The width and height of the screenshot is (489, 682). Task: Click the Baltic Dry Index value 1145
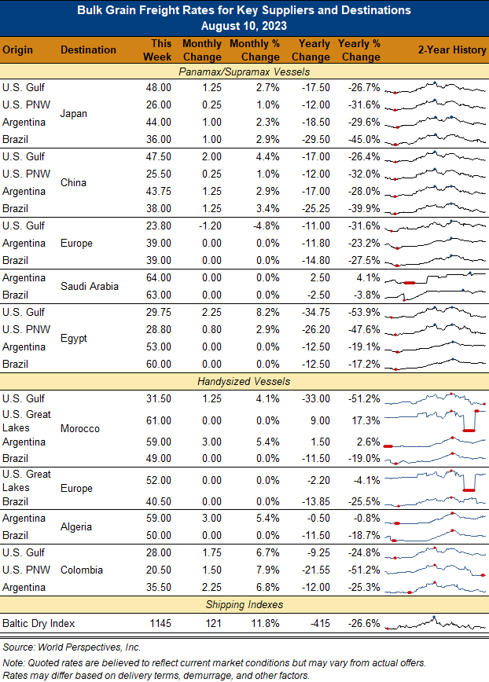point(160,623)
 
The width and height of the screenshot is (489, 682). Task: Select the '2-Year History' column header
point(452,49)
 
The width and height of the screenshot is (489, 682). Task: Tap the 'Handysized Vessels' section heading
point(244,381)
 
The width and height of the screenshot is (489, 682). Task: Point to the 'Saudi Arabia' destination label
point(90,286)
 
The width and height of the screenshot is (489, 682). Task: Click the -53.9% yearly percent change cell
point(364,312)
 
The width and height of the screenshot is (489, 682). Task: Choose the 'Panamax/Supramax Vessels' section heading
point(244,71)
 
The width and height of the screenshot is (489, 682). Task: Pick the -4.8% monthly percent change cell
point(267,225)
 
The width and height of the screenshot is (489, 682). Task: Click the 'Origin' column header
point(17,50)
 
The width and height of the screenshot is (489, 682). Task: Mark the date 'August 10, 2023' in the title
point(244,26)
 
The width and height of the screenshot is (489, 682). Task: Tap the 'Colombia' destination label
point(82,570)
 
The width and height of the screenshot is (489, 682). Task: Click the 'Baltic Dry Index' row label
point(39,623)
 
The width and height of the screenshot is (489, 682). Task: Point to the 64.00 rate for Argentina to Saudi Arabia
point(158,277)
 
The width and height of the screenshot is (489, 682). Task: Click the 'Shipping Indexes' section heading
point(244,604)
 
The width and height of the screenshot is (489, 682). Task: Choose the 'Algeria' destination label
point(76,526)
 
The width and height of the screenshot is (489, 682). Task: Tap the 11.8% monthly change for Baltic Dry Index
point(266,623)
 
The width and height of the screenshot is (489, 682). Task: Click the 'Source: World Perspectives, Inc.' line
point(72,647)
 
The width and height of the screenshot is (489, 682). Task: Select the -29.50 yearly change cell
point(316,139)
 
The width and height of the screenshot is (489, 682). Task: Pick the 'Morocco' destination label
point(80,428)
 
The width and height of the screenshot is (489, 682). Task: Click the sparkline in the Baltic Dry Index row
point(435,623)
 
